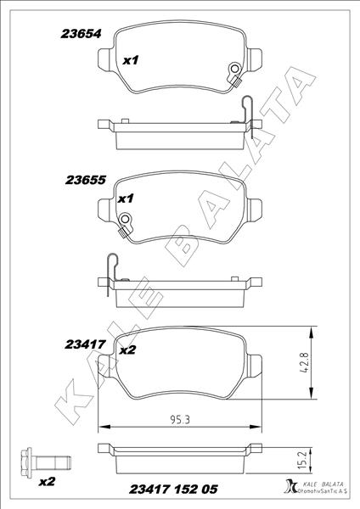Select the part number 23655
tap(84, 181)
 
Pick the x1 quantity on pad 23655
tap(127, 199)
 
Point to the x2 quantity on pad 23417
tap(128, 350)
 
